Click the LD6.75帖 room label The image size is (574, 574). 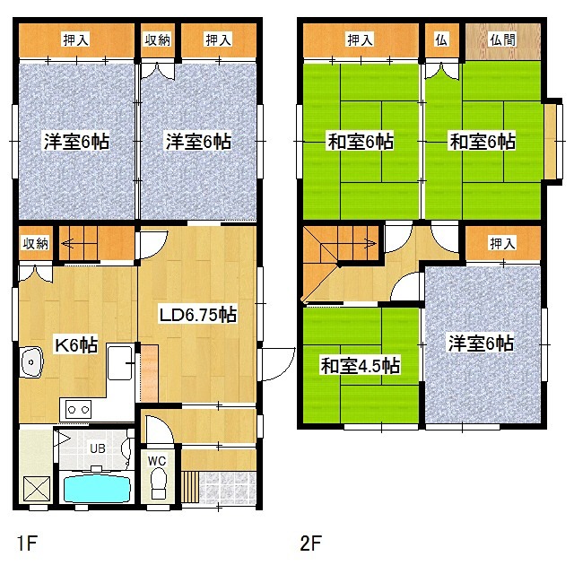click(x=198, y=315)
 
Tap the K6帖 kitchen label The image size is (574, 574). click(x=76, y=344)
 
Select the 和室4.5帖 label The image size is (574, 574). click(x=360, y=366)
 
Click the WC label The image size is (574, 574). click(x=157, y=461)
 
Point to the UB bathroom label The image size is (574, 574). click(x=98, y=448)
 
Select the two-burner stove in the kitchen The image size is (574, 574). click(x=78, y=409)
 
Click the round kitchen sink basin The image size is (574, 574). click(x=31, y=361)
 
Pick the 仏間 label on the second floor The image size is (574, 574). click(x=502, y=39)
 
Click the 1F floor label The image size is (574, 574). click(x=27, y=543)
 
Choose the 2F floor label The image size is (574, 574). click(x=311, y=543)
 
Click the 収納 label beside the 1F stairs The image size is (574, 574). click(x=36, y=243)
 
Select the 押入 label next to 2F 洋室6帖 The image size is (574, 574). click(x=502, y=243)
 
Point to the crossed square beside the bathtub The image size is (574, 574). click(x=37, y=488)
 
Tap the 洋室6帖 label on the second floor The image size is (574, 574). click(x=481, y=344)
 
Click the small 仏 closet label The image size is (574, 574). click(x=441, y=39)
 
